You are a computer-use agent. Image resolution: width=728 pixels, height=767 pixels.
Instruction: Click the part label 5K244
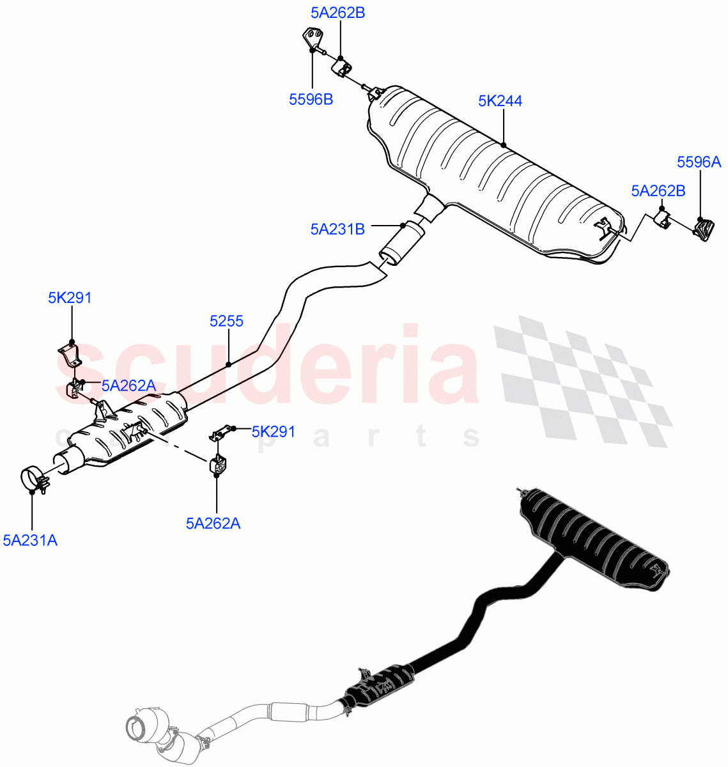pyautogui.click(x=500, y=101)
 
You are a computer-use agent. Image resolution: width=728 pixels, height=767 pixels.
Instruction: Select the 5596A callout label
pyautogui.click(x=699, y=162)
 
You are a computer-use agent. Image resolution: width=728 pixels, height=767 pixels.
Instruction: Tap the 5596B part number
pyautogui.click(x=311, y=99)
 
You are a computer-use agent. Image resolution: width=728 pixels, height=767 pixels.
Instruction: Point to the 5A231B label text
pyautogui.click(x=337, y=229)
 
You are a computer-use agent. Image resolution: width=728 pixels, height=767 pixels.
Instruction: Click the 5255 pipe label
pyautogui.click(x=226, y=321)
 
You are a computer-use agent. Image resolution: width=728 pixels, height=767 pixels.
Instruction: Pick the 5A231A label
pyautogui.click(x=30, y=541)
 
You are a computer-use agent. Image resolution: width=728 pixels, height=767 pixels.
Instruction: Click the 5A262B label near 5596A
pyautogui.click(x=658, y=190)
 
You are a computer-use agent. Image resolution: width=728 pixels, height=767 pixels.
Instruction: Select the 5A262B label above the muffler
pyautogui.click(x=338, y=12)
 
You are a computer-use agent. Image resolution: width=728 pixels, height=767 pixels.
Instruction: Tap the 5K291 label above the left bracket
pyautogui.click(x=70, y=297)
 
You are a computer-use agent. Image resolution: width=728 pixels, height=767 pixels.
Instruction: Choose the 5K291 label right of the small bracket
pyautogui.click(x=273, y=431)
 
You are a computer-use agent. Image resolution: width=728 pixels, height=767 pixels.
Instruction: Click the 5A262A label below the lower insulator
pyautogui.click(x=213, y=523)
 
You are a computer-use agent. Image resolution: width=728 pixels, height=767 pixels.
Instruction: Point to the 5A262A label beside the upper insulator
pyautogui.click(x=128, y=385)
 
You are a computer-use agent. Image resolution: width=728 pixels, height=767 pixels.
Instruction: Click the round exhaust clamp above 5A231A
pyautogui.click(x=33, y=480)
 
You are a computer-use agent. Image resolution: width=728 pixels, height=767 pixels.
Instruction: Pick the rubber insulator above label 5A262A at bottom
pyautogui.click(x=217, y=465)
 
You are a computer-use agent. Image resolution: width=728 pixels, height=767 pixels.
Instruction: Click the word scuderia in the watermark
pyautogui.click(x=268, y=368)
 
